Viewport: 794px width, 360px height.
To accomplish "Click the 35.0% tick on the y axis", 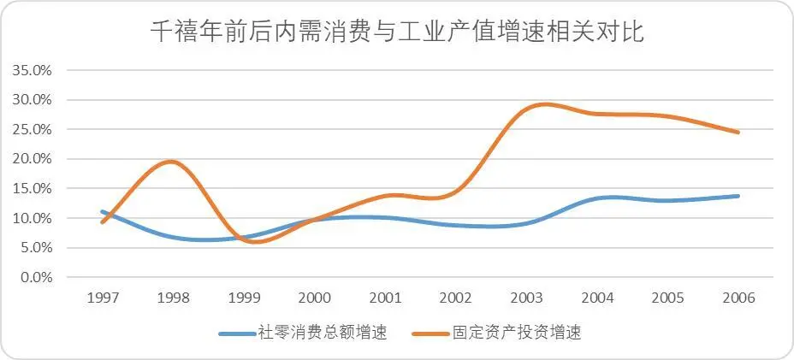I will (32, 70).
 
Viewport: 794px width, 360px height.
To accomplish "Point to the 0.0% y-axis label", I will (34, 277).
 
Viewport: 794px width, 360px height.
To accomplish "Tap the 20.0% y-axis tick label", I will (32, 159).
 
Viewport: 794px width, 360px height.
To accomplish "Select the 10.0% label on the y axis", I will (32, 218).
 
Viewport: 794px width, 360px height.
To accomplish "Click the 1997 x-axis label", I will (103, 298).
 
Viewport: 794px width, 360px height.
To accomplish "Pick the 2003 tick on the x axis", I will (526, 298).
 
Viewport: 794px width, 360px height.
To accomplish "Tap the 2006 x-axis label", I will (738, 298).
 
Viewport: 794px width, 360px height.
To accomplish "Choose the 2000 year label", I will (315, 298).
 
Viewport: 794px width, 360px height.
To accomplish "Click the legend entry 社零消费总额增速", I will (323, 333).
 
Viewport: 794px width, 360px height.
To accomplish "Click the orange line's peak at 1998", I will (171, 161).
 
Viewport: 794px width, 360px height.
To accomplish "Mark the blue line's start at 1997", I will (103, 211).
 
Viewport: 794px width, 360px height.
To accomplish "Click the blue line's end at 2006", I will (738, 196).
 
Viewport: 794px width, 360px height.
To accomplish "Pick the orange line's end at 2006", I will (738, 133).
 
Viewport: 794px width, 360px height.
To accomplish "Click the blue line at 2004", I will (597, 198).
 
